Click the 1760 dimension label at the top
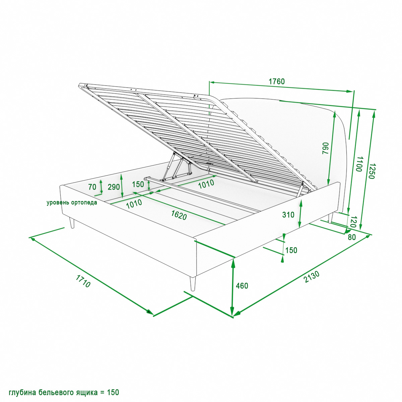(x=276, y=81)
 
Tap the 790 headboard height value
(x=326, y=148)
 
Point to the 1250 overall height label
(x=372, y=171)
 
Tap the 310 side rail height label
(x=288, y=215)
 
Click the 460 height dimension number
(x=242, y=286)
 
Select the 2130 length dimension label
(x=312, y=277)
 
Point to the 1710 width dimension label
(x=83, y=281)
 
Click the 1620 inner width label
(x=179, y=215)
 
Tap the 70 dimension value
(x=92, y=187)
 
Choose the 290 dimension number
(x=114, y=187)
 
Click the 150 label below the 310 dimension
(x=291, y=250)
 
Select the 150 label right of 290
(x=138, y=184)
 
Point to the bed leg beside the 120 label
(x=330, y=218)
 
